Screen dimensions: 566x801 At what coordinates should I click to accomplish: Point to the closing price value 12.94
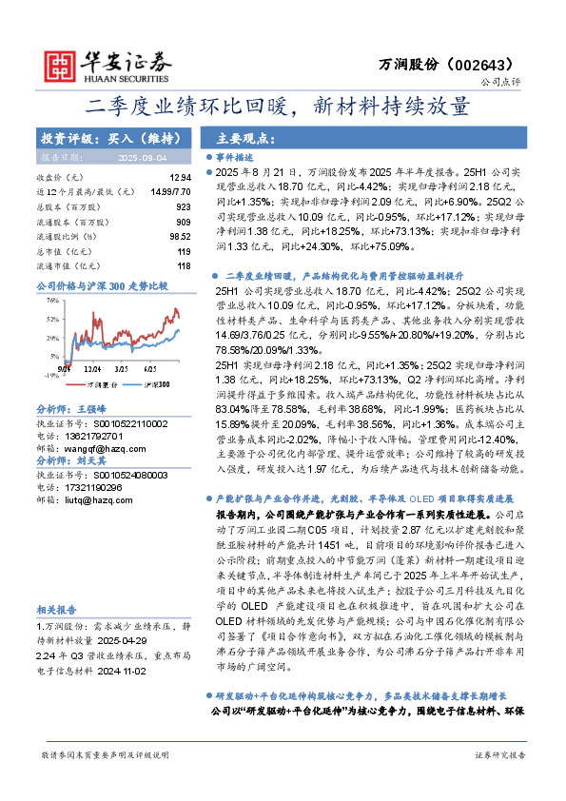(x=179, y=178)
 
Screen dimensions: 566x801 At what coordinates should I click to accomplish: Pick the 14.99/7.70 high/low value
(x=168, y=191)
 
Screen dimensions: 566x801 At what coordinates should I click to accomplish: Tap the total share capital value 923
(x=183, y=205)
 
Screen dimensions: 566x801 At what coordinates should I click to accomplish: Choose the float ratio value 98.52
(x=179, y=236)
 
